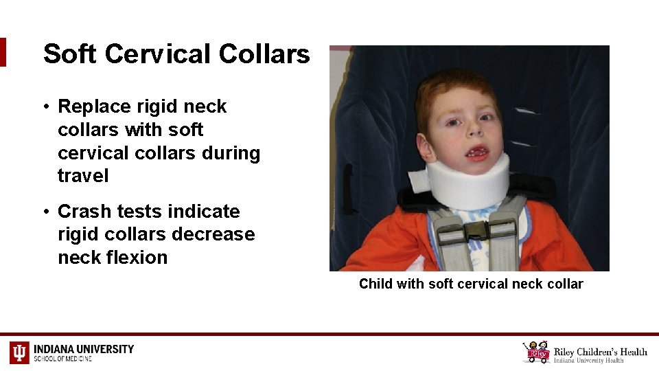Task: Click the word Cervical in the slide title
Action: [x=163, y=54]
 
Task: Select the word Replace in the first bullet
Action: [x=94, y=106]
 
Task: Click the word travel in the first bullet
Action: [x=83, y=176]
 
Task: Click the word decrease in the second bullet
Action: [x=215, y=234]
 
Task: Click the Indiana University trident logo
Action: [x=19, y=352]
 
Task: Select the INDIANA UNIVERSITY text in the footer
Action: [x=84, y=349]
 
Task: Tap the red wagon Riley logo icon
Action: [x=537, y=352]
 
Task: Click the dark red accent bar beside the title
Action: [x=3, y=52]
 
